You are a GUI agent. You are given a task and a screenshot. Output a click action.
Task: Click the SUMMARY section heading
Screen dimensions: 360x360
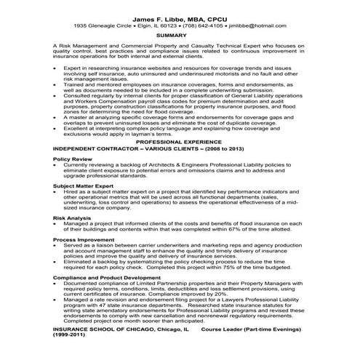(x=180, y=36)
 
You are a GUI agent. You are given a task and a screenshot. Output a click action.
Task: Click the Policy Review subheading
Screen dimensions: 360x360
(x=73, y=158)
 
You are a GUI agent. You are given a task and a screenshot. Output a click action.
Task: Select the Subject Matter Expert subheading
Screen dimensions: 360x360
(x=82, y=185)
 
